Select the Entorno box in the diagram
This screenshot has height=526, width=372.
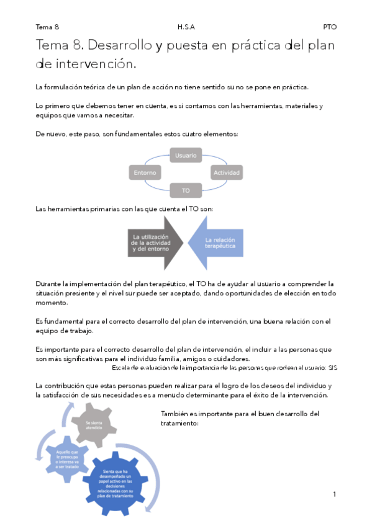[x=144, y=172]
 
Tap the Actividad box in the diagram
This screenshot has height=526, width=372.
[x=227, y=172]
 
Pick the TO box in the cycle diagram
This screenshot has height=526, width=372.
[x=186, y=190]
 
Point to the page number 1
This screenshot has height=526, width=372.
[x=334, y=494]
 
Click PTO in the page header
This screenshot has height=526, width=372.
[x=329, y=27]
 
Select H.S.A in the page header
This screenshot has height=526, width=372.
[x=186, y=27]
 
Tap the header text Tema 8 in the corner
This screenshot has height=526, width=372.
[x=48, y=27]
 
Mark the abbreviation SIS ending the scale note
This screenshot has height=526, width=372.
[x=332, y=367]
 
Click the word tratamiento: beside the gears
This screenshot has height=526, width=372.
[x=179, y=424]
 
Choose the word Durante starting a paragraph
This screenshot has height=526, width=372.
[x=49, y=283]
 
